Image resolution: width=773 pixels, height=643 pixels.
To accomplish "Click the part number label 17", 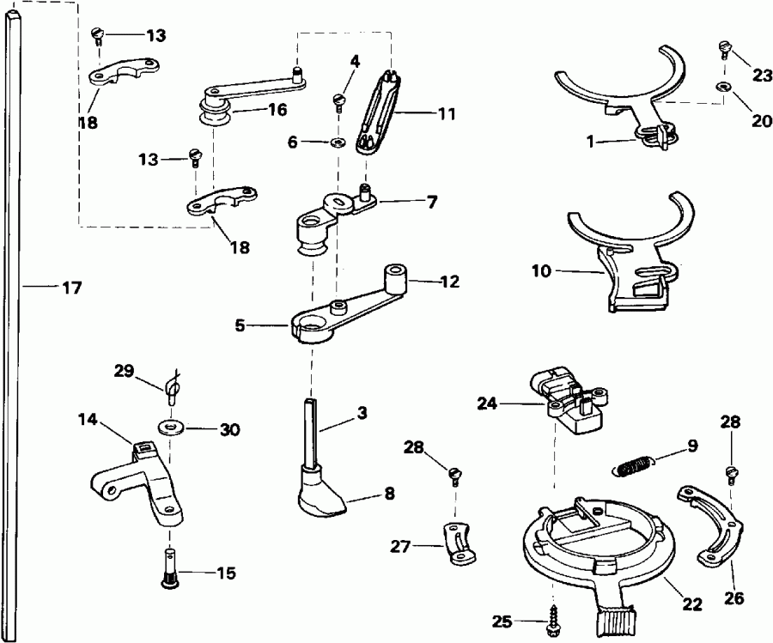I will (72, 288).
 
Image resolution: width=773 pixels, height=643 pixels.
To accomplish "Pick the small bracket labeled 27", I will (457, 543).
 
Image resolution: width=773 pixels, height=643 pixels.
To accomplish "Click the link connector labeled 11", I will (380, 112).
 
